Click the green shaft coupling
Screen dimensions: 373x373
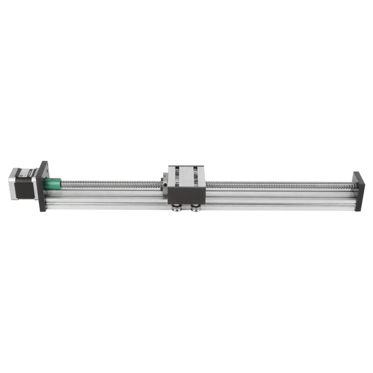click(52, 184)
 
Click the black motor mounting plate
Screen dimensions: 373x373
click(42, 186)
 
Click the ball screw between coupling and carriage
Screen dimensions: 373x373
click(112, 184)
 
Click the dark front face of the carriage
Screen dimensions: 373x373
click(186, 196)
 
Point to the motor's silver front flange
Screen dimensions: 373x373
click(35, 183)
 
